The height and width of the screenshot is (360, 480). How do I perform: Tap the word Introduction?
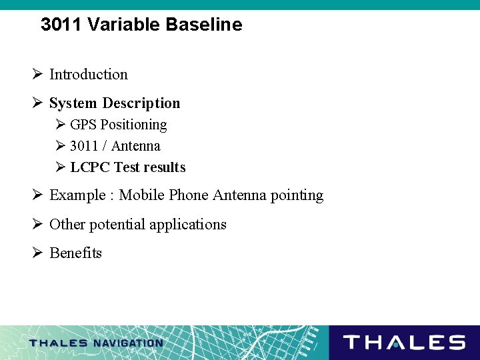click(89, 75)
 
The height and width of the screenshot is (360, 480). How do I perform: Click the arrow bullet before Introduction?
click(37, 75)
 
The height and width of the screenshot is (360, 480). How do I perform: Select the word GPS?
click(83, 125)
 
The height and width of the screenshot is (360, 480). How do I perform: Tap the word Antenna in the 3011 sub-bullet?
click(136, 146)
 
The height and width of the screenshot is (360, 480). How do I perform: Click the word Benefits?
click(75, 253)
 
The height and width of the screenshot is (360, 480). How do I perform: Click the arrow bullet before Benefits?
click(37, 253)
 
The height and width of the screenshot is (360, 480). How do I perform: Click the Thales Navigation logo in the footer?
click(96, 343)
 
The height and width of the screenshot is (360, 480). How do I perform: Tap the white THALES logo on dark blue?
click(404, 343)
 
